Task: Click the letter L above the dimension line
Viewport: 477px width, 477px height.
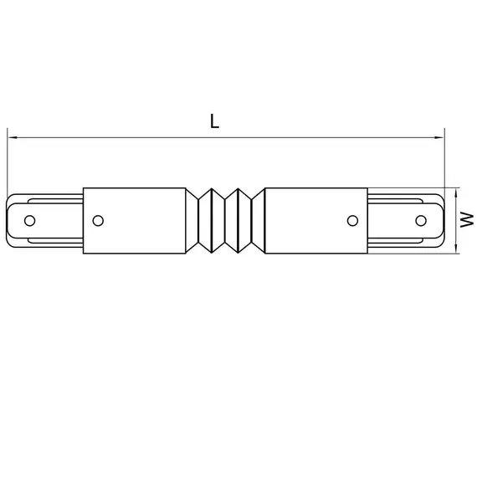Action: [215, 121]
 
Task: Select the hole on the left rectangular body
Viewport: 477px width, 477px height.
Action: [98, 220]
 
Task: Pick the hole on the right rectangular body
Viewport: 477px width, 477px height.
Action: [352, 220]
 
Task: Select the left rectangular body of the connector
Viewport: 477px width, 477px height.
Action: [134, 220]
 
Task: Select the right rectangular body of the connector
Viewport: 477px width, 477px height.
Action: [316, 220]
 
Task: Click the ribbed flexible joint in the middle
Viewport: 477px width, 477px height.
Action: [225, 220]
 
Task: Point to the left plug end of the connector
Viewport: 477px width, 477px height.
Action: [46, 220]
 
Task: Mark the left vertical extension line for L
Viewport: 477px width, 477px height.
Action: [7, 163]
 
